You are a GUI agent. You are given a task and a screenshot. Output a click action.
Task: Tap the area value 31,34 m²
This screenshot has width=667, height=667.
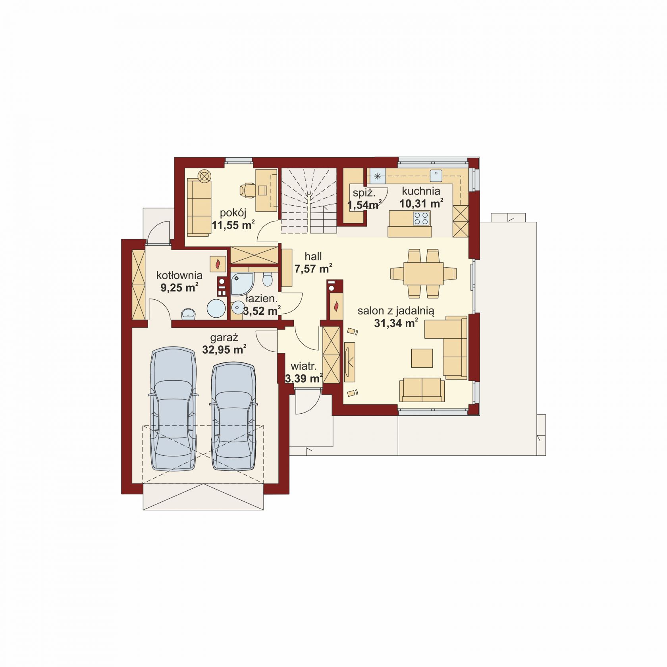coord(396,324)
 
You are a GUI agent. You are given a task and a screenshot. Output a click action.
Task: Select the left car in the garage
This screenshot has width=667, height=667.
coord(173,409)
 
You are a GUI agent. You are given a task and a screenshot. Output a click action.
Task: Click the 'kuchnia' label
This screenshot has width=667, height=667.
coord(420,191)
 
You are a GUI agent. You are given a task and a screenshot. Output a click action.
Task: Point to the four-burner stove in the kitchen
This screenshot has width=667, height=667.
coord(421,218)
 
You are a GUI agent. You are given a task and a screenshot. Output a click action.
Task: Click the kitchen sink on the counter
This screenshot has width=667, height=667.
coord(437,174)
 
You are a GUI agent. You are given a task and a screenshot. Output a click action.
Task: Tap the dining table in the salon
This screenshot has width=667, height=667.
coord(423,273)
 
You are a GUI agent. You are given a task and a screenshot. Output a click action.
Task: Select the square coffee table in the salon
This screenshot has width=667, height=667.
coord(422,358)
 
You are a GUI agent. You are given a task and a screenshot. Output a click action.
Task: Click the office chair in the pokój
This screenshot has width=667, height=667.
coord(248,190)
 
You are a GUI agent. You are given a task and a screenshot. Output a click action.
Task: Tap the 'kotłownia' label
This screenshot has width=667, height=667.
coord(179,275)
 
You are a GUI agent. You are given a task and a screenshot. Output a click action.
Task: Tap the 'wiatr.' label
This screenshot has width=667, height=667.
coord(304,366)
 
